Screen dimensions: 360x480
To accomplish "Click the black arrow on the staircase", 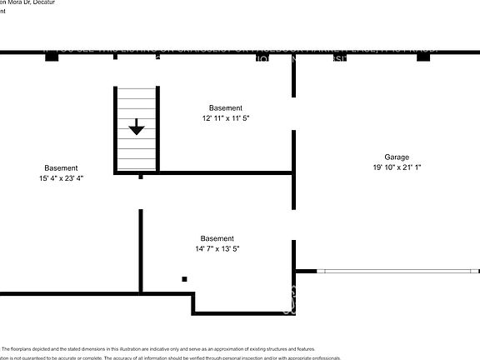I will coord(137,127).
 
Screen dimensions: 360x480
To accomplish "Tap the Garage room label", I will coord(397,157).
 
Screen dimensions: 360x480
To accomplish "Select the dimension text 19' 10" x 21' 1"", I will coord(397,167).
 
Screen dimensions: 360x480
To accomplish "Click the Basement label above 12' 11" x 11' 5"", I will coord(226,108).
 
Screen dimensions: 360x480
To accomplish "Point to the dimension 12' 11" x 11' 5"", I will coord(226,119).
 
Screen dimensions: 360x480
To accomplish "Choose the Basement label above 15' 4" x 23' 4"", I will coord(62,167).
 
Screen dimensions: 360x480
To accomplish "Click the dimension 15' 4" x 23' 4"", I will coord(62,178).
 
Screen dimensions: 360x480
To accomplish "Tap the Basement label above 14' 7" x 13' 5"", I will coord(217,238).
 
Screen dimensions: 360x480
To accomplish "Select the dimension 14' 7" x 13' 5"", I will coord(217,249).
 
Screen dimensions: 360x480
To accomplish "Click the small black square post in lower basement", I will coord(184,279).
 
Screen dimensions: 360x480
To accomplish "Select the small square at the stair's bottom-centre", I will coord(141,177).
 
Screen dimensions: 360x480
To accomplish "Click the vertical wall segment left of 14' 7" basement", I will coord(141,250).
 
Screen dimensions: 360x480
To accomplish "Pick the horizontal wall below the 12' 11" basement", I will coord(225,173).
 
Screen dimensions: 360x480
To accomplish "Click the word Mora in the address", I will coord(17,2).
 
